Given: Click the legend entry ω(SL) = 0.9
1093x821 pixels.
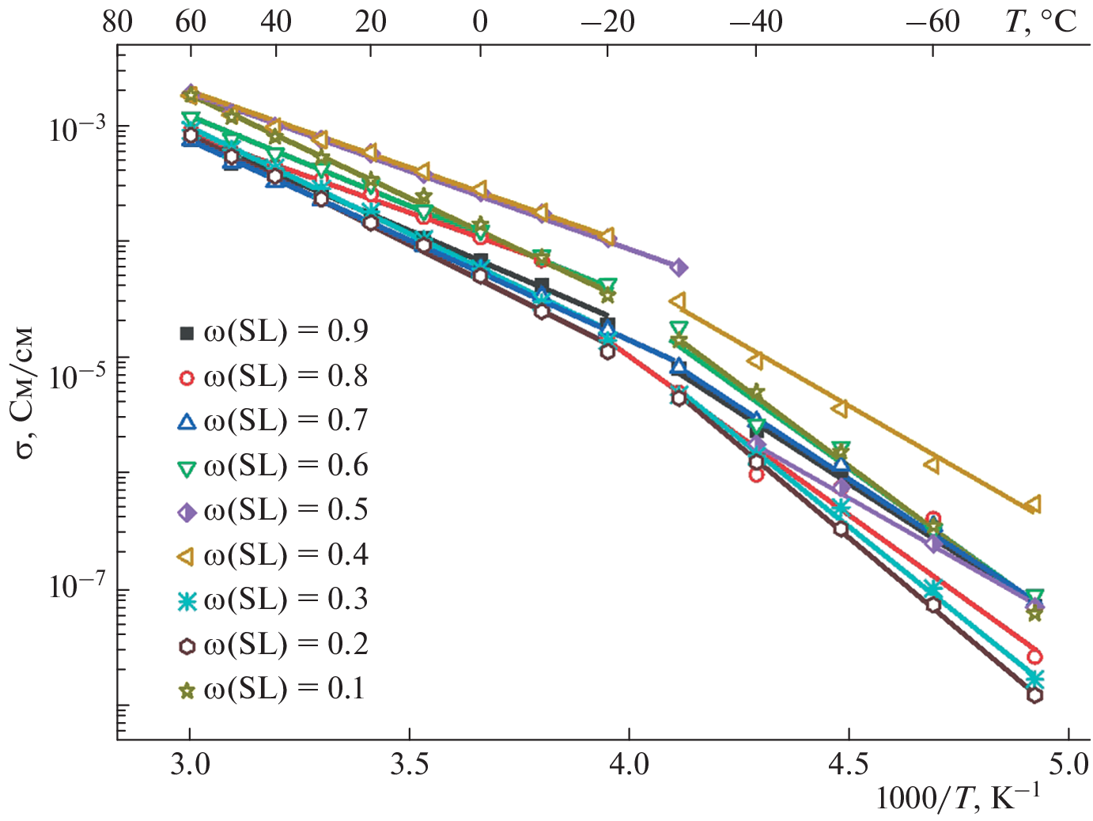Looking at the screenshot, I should [273, 331].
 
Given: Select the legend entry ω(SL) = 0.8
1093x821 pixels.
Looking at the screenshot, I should [273, 376].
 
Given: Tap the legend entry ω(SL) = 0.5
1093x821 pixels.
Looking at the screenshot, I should [273, 511].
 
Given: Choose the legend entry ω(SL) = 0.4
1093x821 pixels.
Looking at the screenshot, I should [273, 555].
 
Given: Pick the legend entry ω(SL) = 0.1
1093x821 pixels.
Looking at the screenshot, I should [273, 690].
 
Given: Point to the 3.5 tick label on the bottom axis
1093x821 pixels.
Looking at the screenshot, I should [410, 765].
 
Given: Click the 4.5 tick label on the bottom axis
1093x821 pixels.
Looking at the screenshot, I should [848, 765].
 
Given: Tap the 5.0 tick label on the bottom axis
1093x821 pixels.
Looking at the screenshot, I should [1068, 765].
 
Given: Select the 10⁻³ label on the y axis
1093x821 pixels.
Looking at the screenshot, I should [77, 128].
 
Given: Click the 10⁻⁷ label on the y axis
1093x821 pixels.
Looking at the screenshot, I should [77, 588].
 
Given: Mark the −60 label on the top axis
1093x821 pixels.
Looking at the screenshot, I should [932, 21].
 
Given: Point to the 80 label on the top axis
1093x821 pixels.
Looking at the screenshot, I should [117, 21].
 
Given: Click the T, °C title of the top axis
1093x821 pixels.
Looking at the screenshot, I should [1041, 21].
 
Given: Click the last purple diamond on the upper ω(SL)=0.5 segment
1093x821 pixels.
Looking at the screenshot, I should [679, 267].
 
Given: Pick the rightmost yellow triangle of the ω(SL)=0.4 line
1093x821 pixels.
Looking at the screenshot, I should [1032, 505].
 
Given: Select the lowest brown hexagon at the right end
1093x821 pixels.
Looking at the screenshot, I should [1034, 695].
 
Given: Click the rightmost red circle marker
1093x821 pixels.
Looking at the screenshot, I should [1034, 656].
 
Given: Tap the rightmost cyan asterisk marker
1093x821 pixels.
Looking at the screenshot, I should [1034, 679].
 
